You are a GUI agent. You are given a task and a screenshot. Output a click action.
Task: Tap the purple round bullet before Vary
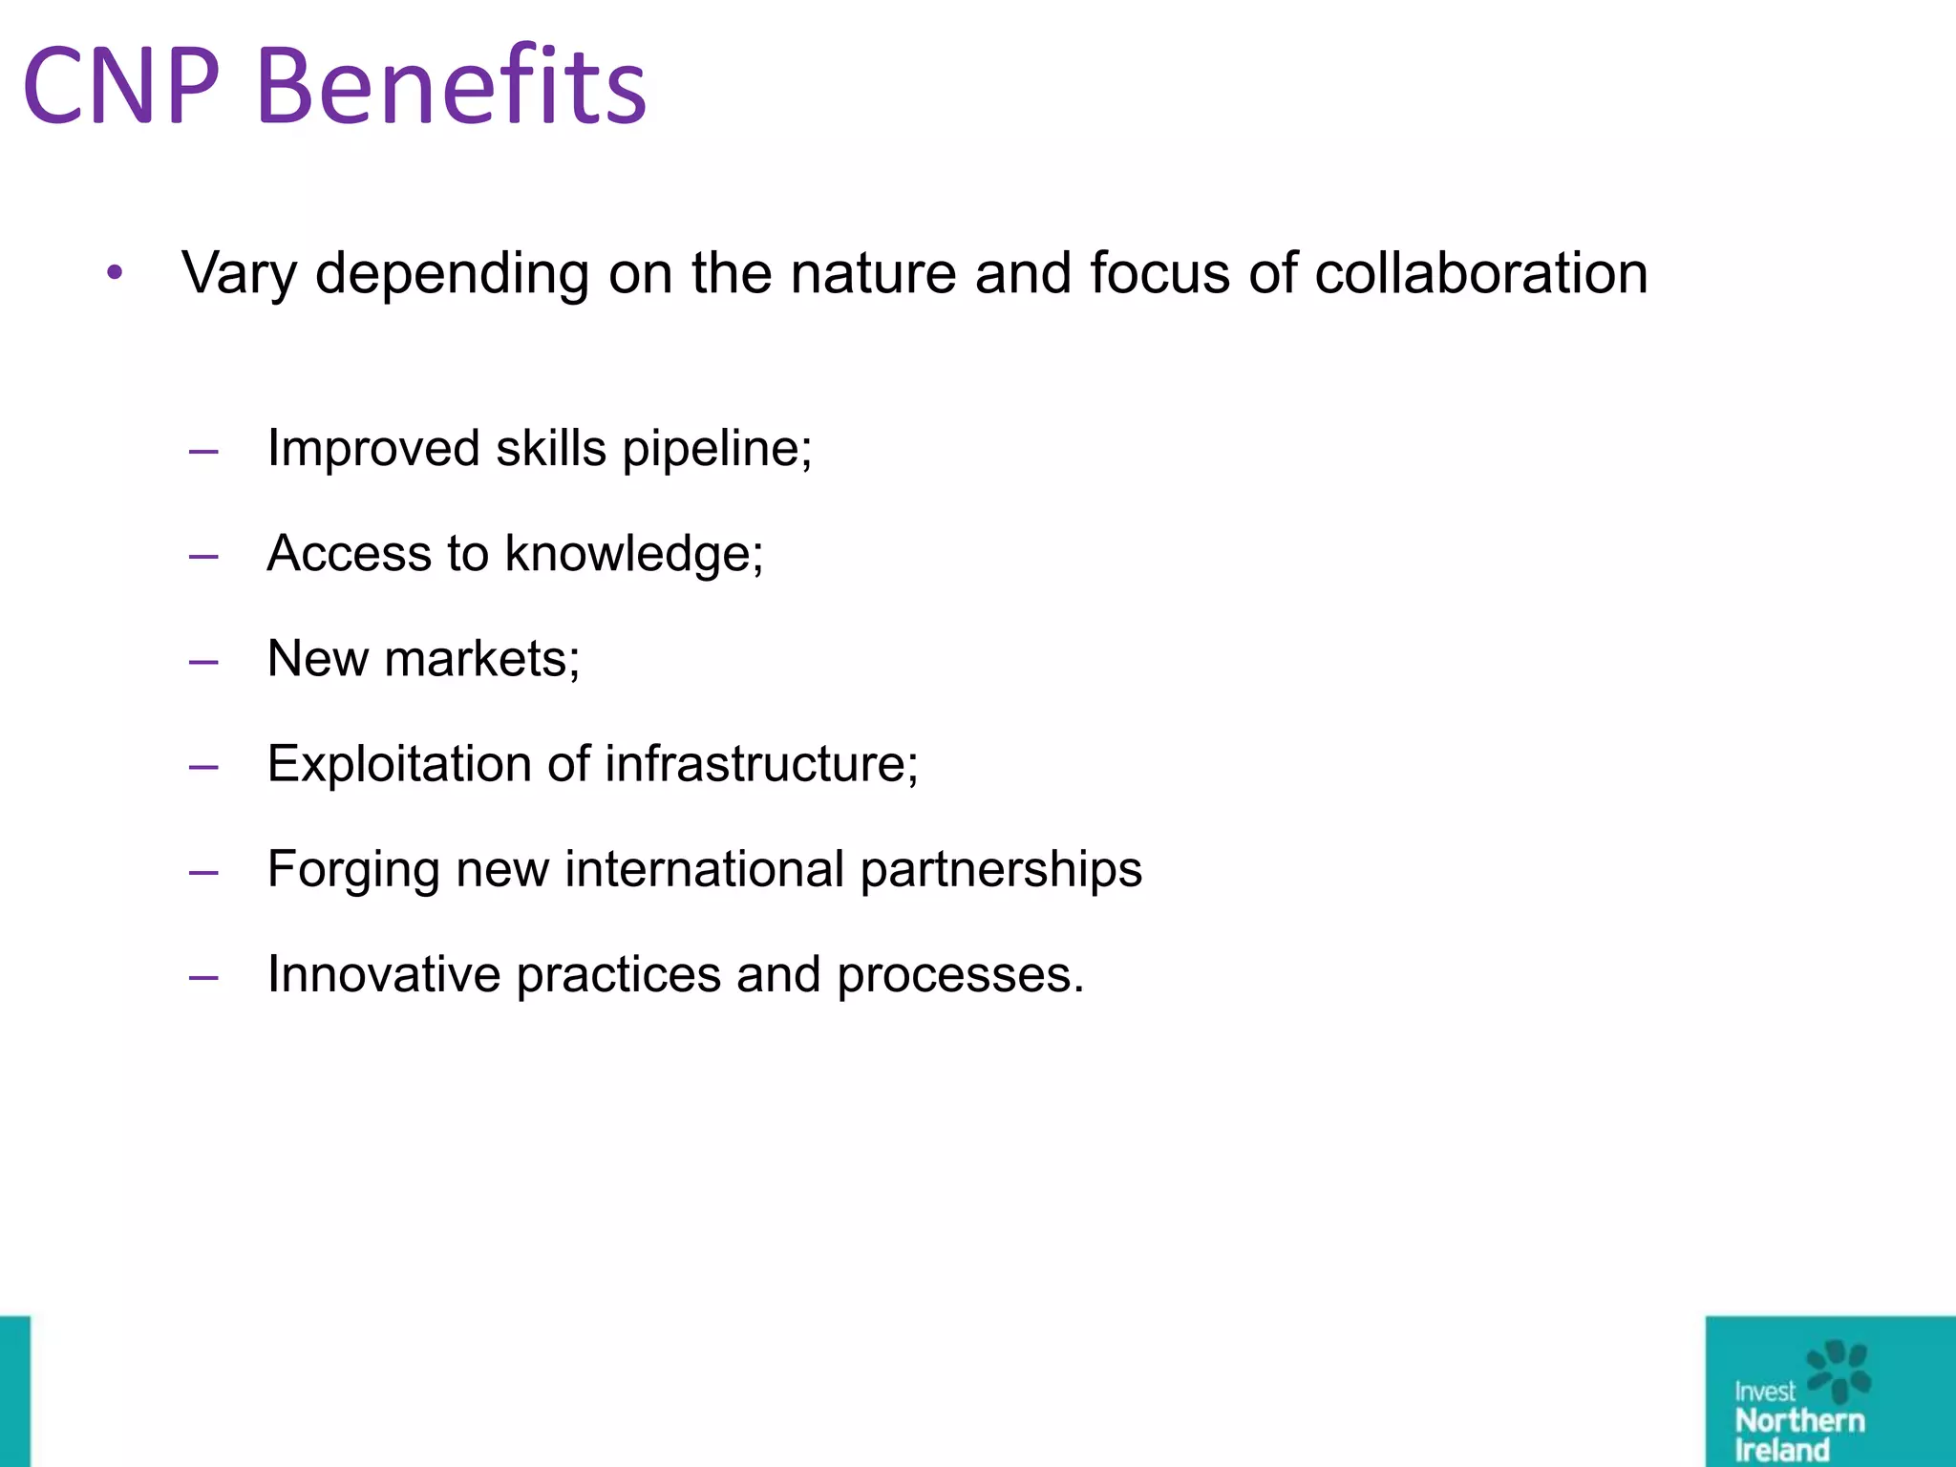pyautogui.click(x=116, y=273)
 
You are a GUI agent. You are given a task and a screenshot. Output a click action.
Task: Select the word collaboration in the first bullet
pyautogui.click(x=1481, y=273)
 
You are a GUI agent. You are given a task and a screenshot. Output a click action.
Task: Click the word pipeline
pyautogui.click(x=716, y=449)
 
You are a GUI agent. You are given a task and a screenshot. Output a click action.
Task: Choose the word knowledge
pyautogui.click(x=634, y=554)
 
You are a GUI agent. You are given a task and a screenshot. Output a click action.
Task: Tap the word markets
pyautogui.click(x=481, y=659)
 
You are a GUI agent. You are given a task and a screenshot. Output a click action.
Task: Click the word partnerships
pyautogui.click(x=1001, y=870)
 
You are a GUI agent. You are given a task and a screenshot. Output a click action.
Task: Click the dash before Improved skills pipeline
pyautogui.click(x=203, y=451)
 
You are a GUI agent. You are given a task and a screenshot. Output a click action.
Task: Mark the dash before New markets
pyautogui.click(x=203, y=661)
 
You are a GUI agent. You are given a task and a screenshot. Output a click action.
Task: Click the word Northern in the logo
pyautogui.click(x=1799, y=1420)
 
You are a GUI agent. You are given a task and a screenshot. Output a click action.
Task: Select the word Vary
pyautogui.click(x=240, y=275)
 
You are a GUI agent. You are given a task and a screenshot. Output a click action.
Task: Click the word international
pyautogui.click(x=704, y=870)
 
